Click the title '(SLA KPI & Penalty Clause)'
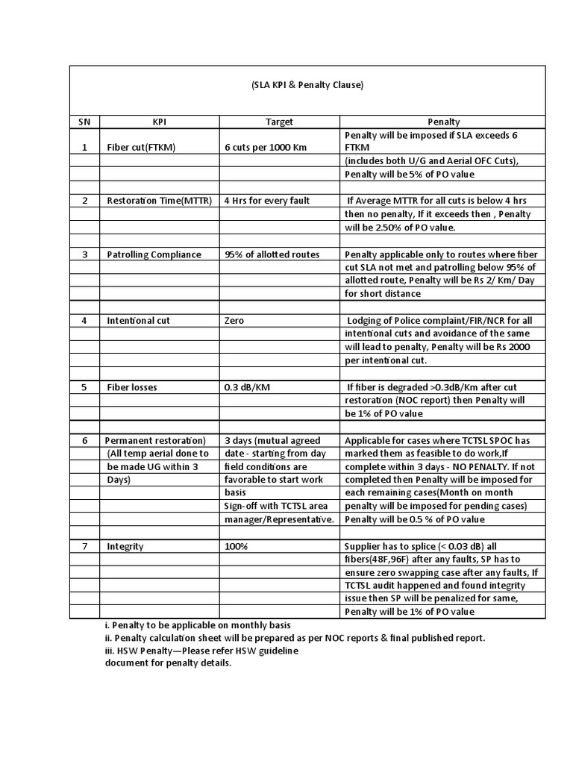[307, 86]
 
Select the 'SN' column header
[85, 122]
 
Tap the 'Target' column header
[279, 122]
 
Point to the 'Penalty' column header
[443, 122]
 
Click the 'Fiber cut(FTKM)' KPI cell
[141, 147]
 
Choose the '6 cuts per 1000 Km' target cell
[266, 147]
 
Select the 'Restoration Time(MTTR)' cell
[159, 201]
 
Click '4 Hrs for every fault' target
[266, 201]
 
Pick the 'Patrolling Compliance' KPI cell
[154, 254]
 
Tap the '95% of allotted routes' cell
[272, 254]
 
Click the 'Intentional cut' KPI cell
[138, 321]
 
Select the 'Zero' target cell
[234, 321]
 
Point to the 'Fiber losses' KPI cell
[131, 388]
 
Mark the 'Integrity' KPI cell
[125, 547]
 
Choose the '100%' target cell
[236, 547]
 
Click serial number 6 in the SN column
[85, 440]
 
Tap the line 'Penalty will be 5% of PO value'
[409, 174]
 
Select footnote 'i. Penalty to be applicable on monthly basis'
[198, 624]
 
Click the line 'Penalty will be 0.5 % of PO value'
[414, 519]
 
